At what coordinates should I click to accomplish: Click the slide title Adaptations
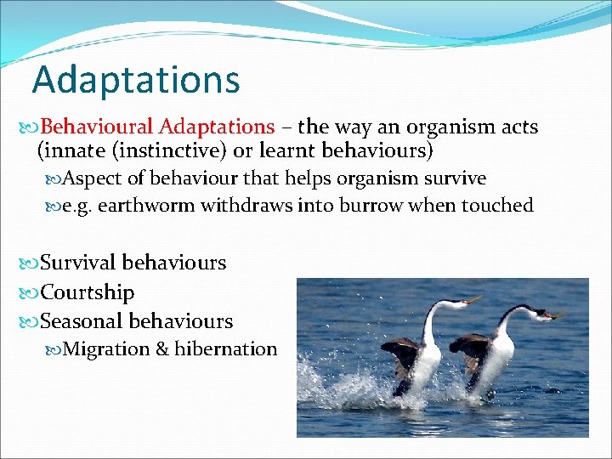point(136,80)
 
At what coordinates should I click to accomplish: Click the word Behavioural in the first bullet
point(96,127)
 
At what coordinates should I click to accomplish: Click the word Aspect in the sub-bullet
point(90,178)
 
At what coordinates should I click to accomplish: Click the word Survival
point(81,263)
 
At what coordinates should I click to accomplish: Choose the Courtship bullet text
point(87,292)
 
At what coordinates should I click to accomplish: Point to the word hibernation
point(225,349)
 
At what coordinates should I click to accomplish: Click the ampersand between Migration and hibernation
point(162,349)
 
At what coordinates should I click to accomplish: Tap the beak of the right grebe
point(557,314)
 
